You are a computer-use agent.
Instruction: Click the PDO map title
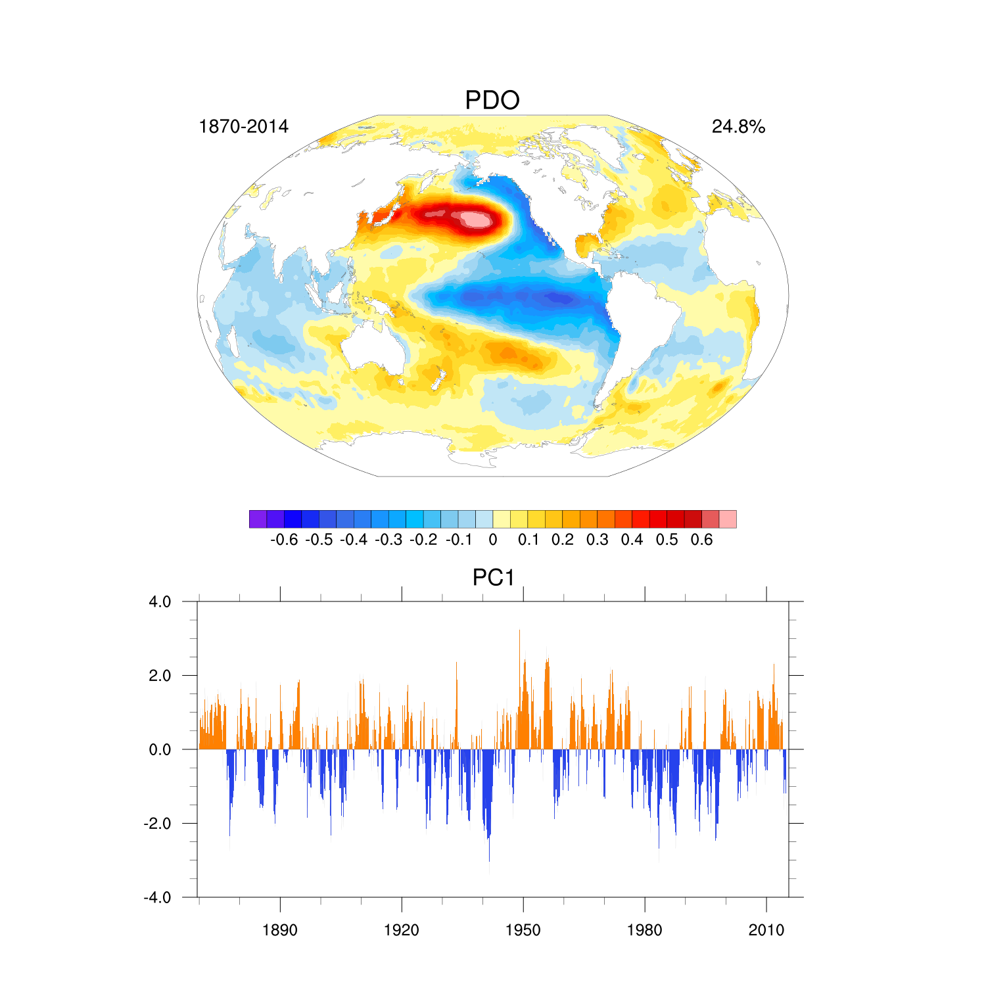click(492, 101)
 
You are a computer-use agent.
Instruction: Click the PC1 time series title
click(493, 578)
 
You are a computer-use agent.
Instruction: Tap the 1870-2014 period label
click(243, 127)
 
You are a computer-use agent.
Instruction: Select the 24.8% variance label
click(738, 127)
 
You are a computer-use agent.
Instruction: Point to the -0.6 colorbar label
click(284, 540)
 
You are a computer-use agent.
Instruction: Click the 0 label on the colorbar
click(493, 540)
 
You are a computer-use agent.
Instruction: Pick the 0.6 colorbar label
click(702, 540)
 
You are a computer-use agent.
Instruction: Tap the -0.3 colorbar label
click(388, 540)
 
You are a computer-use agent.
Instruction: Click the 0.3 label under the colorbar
click(598, 540)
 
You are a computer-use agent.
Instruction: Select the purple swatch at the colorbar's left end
click(258, 519)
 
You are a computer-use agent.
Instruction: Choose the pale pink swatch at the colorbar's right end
click(728, 519)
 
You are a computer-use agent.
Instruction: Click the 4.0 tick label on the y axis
click(160, 602)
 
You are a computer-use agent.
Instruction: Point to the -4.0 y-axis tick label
click(158, 898)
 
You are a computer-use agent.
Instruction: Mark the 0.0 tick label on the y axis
click(160, 750)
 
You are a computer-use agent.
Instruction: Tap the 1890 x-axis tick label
click(280, 931)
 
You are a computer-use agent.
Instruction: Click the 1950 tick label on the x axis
click(523, 931)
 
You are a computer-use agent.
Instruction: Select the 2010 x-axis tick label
click(766, 931)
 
